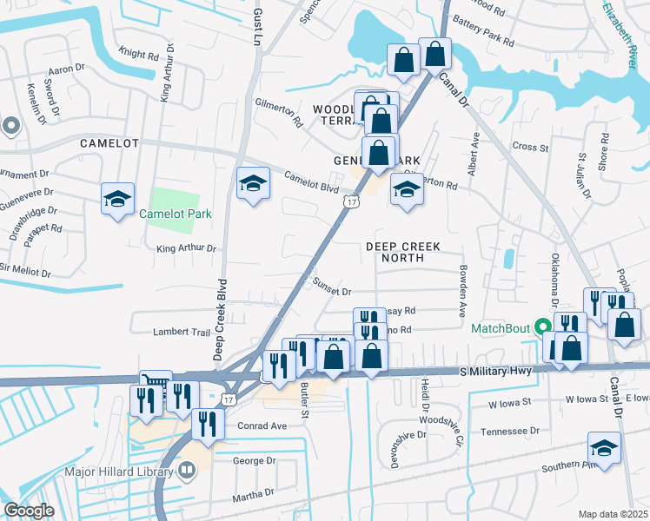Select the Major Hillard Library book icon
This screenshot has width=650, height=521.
(187, 471)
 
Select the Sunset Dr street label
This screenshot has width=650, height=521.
(332, 292)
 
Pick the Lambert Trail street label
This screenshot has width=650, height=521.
(182, 332)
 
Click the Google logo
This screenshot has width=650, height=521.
(29, 511)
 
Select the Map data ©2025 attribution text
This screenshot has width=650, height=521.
(612, 514)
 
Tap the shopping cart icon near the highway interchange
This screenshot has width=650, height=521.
(156, 383)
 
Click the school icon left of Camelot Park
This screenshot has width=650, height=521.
(117, 199)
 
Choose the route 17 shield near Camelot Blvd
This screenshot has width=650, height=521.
(350, 201)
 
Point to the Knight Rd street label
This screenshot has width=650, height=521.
(139, 55)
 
